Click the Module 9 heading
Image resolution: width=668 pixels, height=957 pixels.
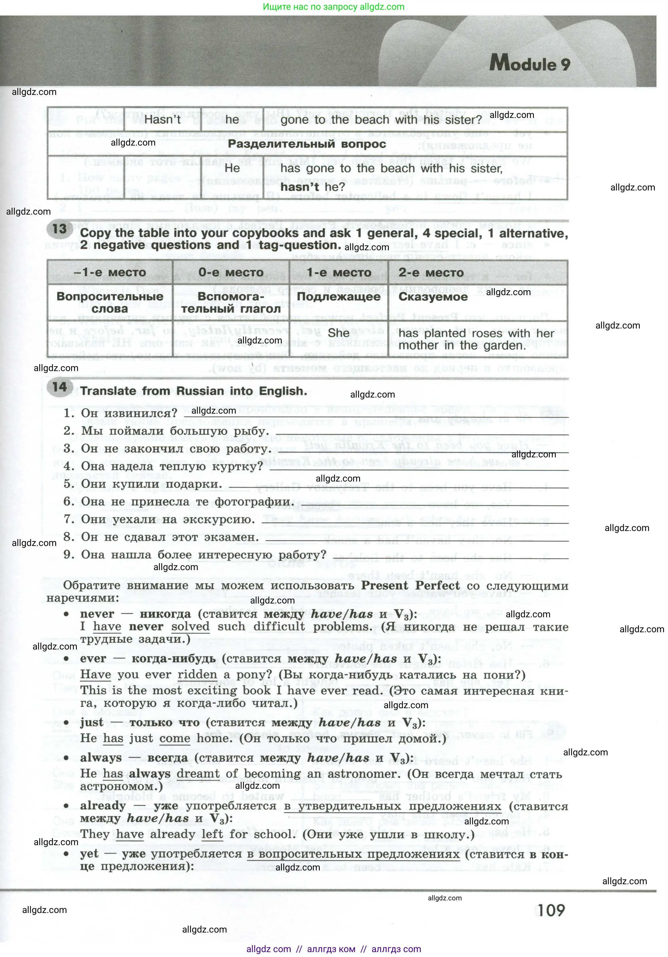pyautogui.click(x=530, y=64)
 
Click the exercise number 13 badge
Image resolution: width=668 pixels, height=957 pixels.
pyautogui.click(x=60, y=229)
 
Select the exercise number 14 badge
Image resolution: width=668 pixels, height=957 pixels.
pyautogui.click(x=60, y=387)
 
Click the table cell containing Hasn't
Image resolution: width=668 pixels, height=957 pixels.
pyautogui.click(x=162, y=120)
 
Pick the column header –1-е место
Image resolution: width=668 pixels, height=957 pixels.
pyautogui.click(x=110, y=273)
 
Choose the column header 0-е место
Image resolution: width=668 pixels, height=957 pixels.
pyautogui.click(x=231, y=273)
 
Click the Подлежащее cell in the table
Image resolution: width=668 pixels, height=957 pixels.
pyautogui.click(x=338, y=297)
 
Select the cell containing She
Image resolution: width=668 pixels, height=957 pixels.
pyautogui.click(x=338, y=333)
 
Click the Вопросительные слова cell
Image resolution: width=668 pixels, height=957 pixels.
pyautogui.click(x=110, y=303)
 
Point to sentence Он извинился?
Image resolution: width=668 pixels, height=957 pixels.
pyautogui.click(x=129, y=413)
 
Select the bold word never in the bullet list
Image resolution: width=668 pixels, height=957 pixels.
pyautogui.click(x=97, y=614)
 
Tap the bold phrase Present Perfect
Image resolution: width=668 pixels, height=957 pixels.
pyautogui.click(x=410, y=586)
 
